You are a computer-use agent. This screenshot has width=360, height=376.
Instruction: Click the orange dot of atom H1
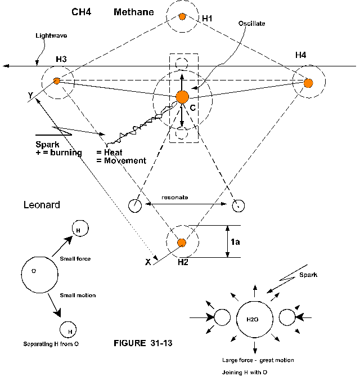[x=182, y=16]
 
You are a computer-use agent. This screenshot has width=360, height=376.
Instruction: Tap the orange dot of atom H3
[x=57, y=81]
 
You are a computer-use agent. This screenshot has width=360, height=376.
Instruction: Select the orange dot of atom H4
[x=308, y=83]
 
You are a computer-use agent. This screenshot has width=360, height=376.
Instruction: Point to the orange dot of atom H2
[x=182, y=243]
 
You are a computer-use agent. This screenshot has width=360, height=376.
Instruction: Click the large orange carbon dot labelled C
[x=182, y=97]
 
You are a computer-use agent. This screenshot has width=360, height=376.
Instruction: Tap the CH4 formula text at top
[x=82, y=12]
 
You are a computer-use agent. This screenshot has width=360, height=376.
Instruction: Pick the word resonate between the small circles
[x=174, y=198]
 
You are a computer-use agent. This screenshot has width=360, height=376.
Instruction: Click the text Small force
[x=75, y=259]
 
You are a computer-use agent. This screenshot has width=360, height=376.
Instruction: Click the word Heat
[x=113, y=153]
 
